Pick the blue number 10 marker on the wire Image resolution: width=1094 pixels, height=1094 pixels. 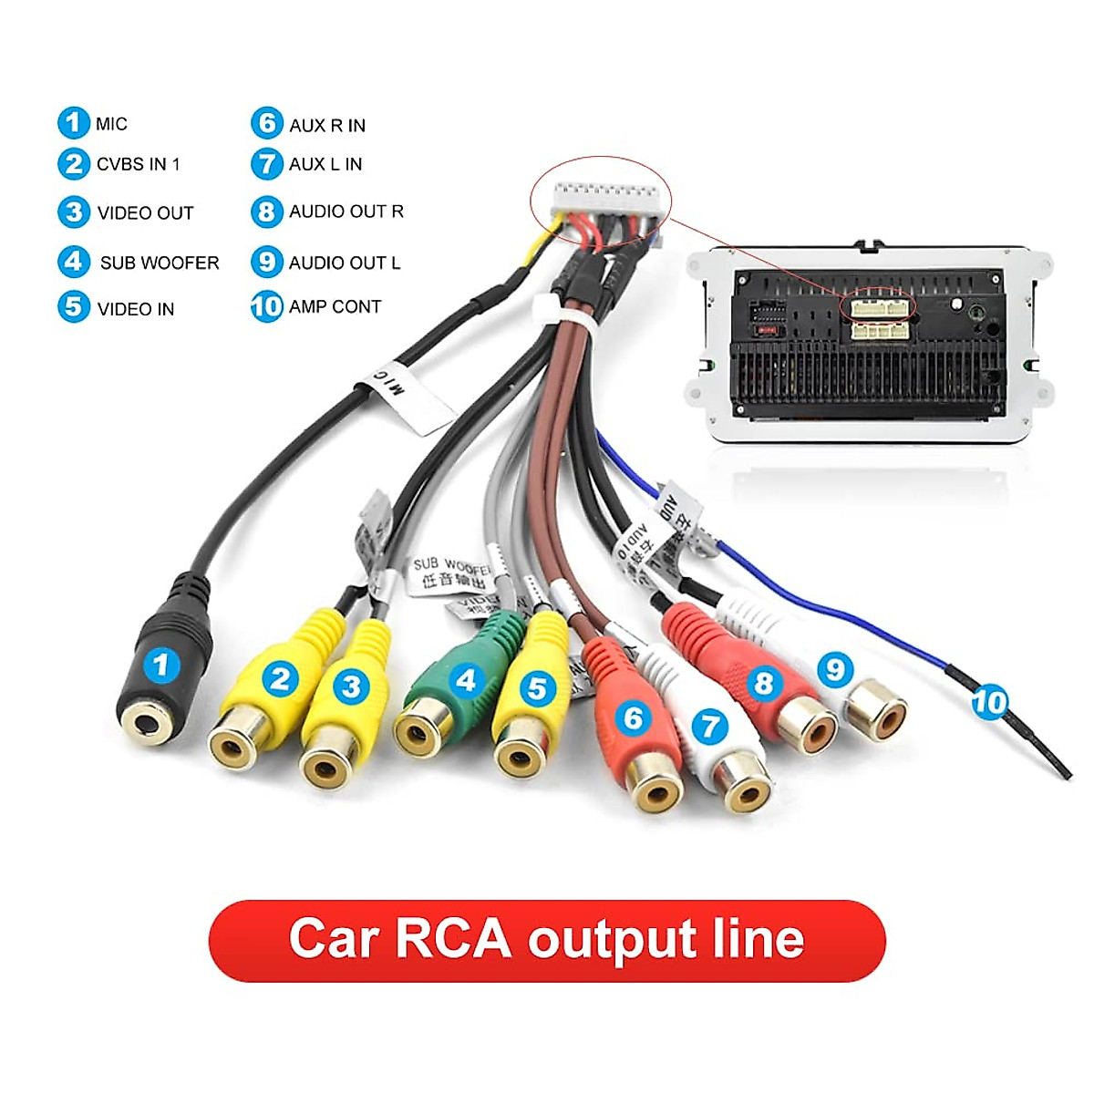tap(989, 702)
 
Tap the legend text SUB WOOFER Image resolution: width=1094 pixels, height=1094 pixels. tap(160, 263)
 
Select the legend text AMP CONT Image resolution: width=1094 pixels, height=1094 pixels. tap(335, 307)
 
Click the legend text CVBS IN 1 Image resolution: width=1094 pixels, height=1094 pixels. tap(138, 165)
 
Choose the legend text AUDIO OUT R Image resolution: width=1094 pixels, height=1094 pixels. tap(346, 212)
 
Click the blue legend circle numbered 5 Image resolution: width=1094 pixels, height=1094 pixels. tap(73, 306)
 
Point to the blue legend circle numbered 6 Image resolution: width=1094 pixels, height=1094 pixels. tap(266, 123)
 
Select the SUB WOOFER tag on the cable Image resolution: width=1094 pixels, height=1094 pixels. tap(450, 573)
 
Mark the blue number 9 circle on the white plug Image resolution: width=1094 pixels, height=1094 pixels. tap(834, 670)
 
